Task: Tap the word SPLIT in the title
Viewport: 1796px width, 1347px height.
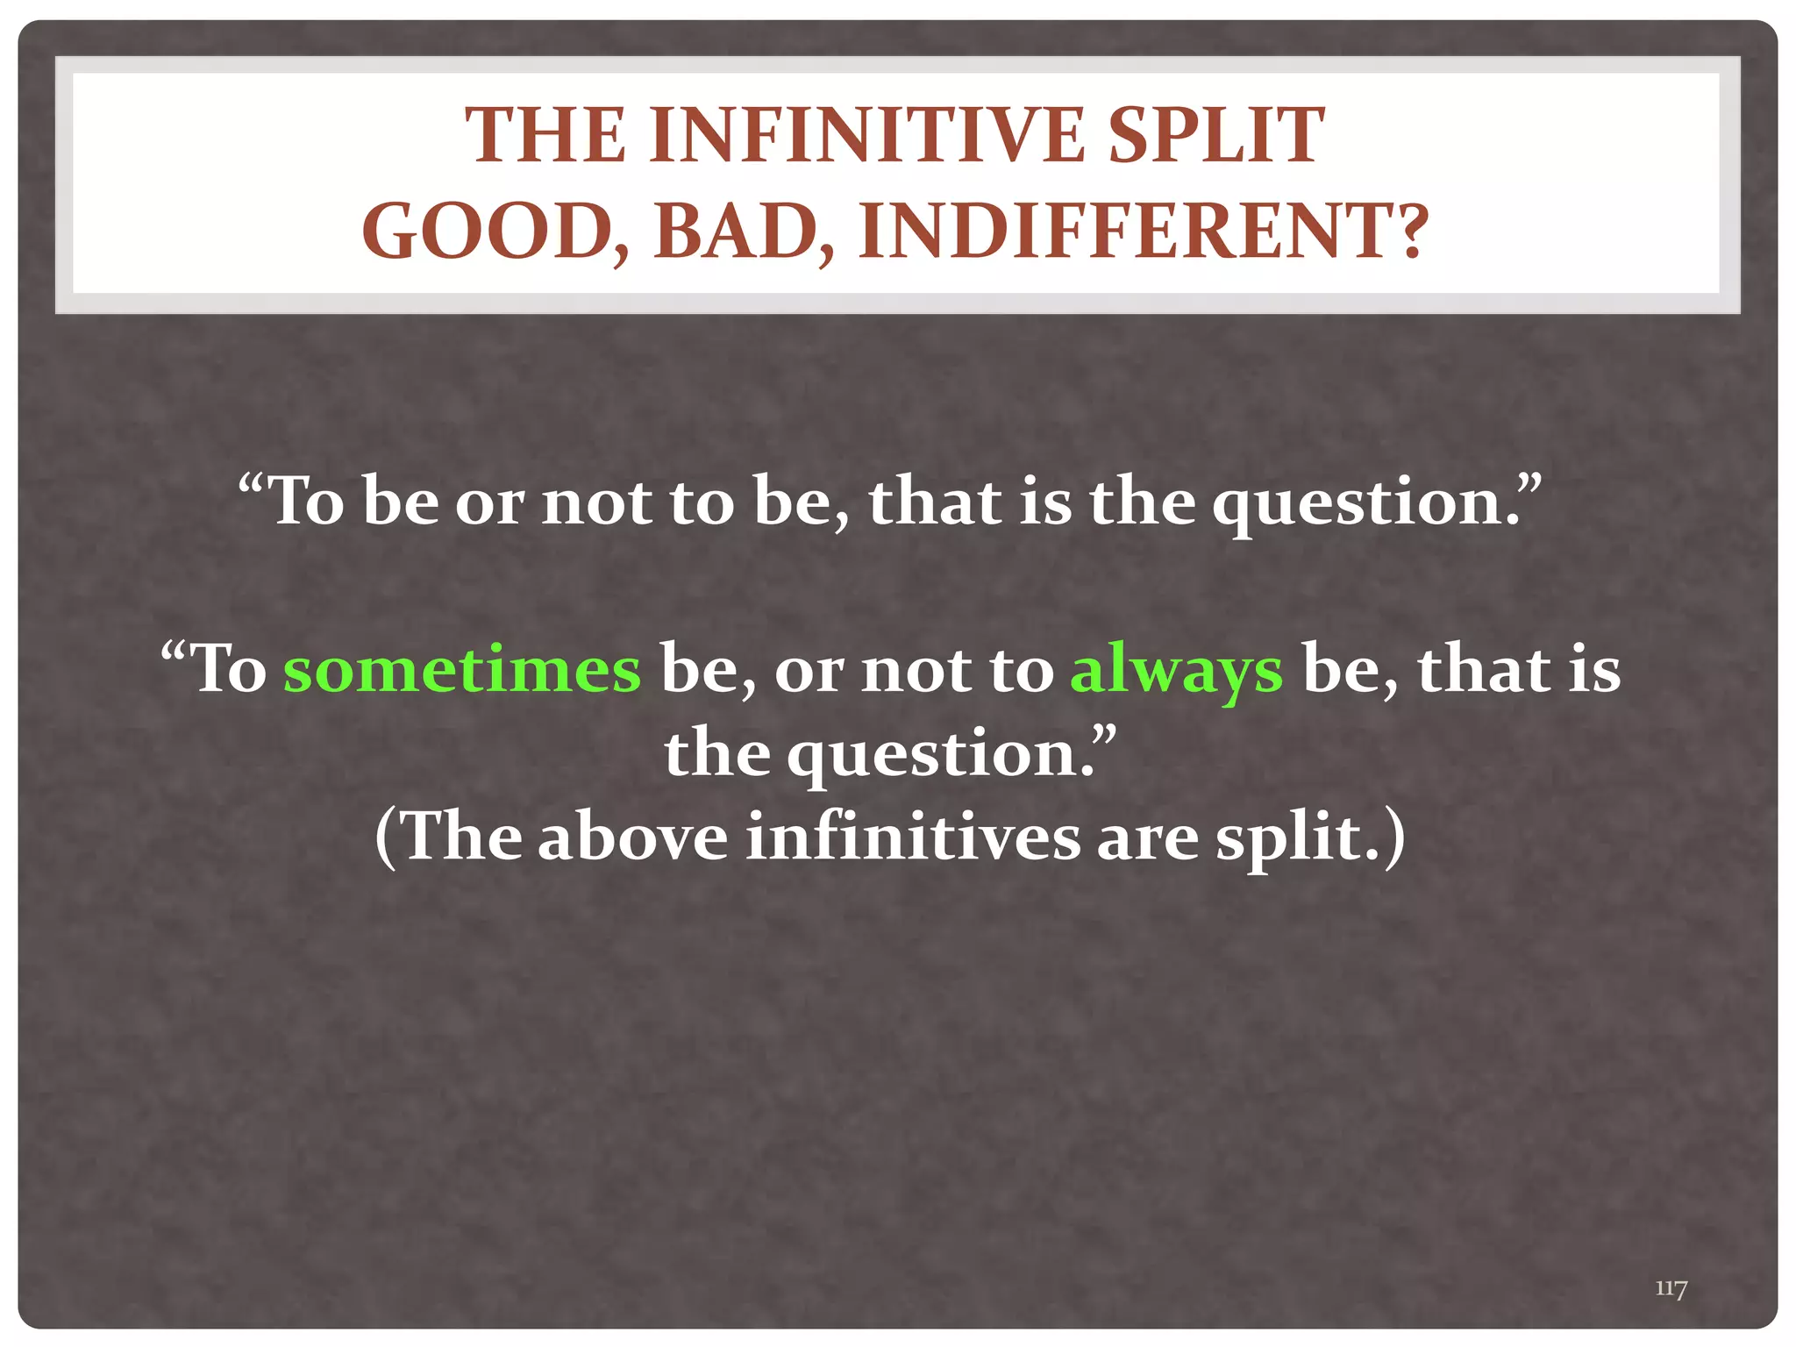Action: (x=1216, y=136)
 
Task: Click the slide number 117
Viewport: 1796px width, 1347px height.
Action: (x=1671, y=1289)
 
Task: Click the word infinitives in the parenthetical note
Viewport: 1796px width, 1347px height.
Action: (x=912, y=837)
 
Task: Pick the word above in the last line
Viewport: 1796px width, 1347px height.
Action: (x=632, y=837)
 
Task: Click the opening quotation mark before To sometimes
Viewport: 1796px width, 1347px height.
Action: (x=174, y=653)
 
